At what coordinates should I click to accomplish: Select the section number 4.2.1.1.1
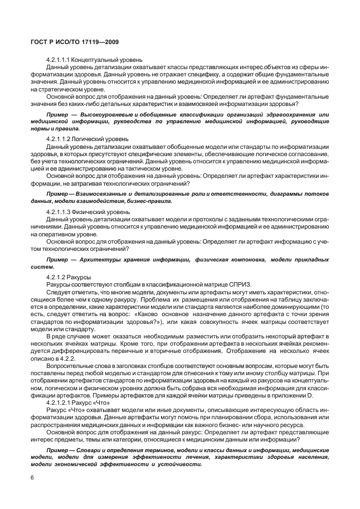coord(59,60)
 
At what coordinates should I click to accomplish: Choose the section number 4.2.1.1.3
coord(59,212)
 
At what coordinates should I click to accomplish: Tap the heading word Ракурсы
coord(80,277)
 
